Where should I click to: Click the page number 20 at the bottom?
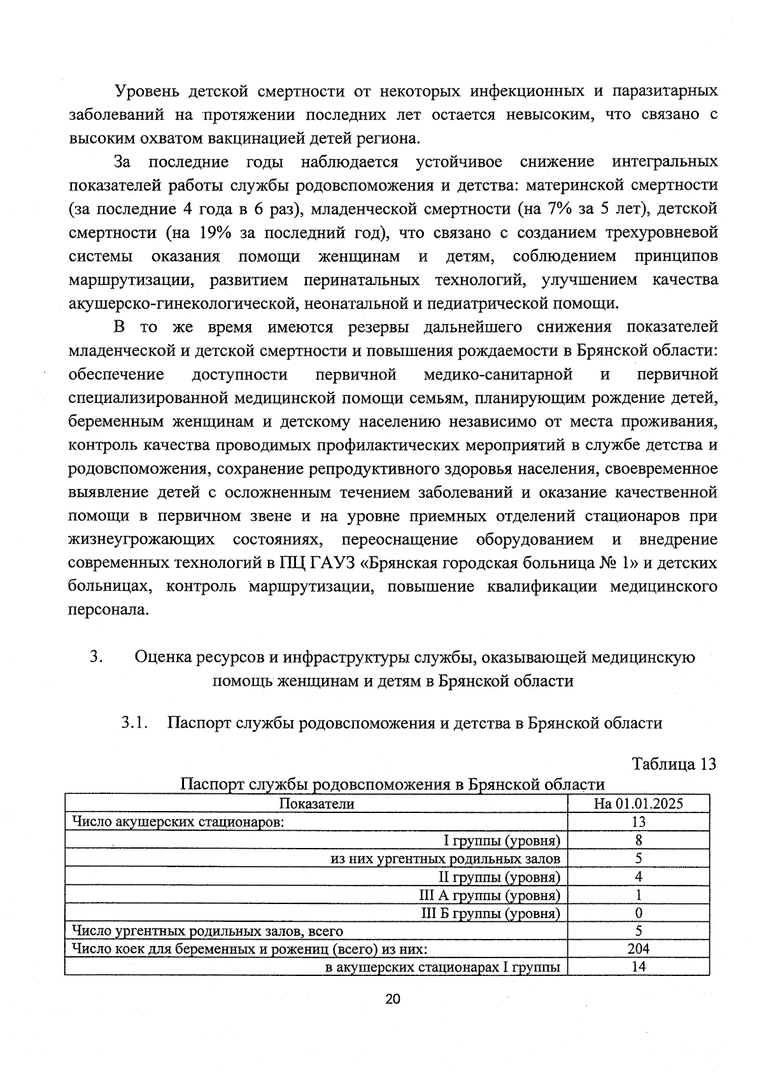point(392,999)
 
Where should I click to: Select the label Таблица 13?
point(674,763)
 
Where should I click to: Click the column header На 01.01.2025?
point(638,803)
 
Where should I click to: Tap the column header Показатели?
point(316,803)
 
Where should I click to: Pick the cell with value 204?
point(638,949)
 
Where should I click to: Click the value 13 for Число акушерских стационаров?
point(638,822)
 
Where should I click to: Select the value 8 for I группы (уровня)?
point(638,840)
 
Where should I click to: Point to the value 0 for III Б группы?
point(638,913)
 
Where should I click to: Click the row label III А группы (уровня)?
point(489,895)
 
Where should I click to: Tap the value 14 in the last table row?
point(638,966)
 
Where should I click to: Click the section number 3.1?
point(134,723)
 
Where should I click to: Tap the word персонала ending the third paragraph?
point(108,609)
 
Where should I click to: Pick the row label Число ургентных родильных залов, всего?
point(208,931)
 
